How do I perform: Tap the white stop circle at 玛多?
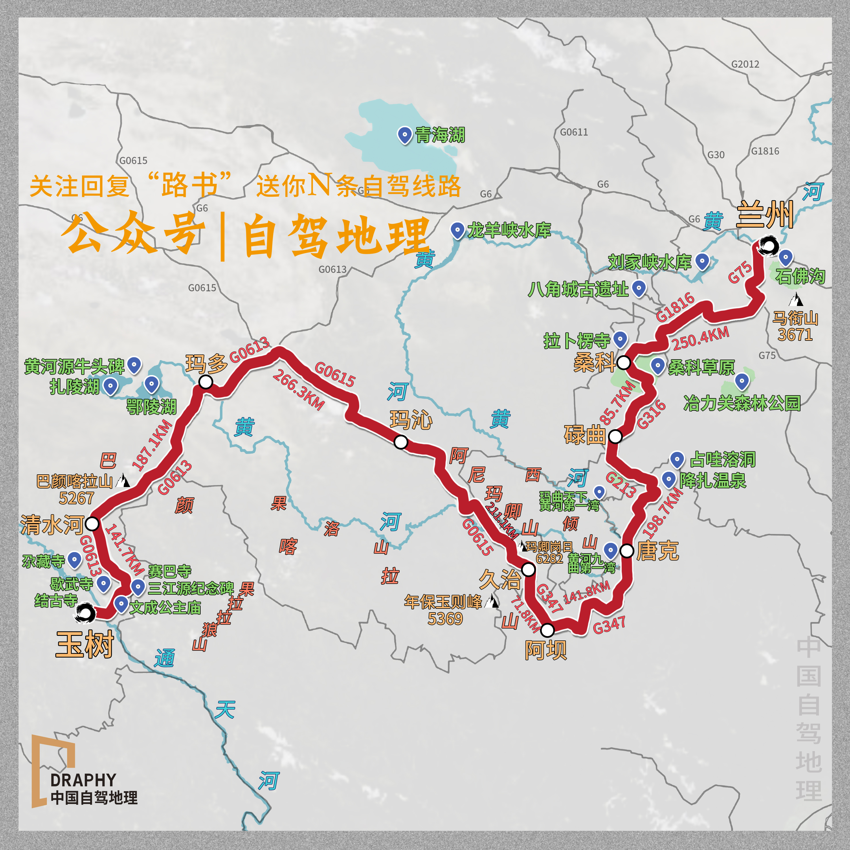206,381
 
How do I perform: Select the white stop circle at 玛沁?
401,442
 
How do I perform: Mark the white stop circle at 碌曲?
615,436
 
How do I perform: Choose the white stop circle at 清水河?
92,524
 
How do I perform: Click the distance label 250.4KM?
700,338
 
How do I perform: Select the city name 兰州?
765,215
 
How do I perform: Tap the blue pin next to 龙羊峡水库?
458,230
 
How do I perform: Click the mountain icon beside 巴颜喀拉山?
123,481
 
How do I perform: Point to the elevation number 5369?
445,619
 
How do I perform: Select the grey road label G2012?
745,64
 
